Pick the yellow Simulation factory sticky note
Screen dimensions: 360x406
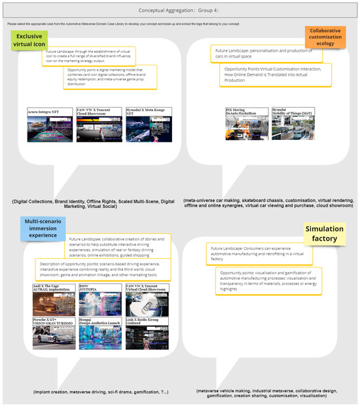(x=325, y=234)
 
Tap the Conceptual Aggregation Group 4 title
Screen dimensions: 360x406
(x=179, y=10)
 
